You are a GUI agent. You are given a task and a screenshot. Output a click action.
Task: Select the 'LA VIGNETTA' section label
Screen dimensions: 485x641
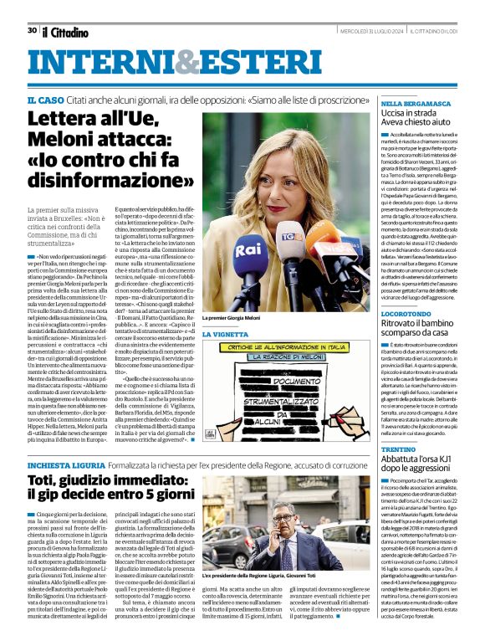225,357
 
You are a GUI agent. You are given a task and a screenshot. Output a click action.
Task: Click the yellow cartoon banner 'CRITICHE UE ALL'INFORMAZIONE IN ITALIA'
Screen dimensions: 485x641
278,370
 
